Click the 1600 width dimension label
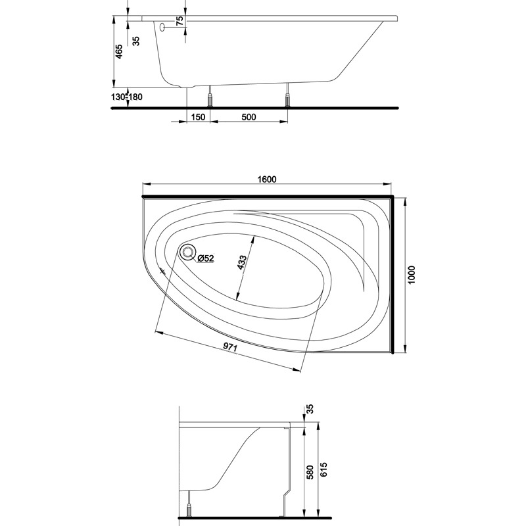[x=267, y=179]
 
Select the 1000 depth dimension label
[x=412, y=275]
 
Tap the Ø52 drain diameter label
[x=206, y=258]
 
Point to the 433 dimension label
[x=242, y=262]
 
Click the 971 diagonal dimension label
[x=231, y=348]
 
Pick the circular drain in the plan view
[x=188, y=252]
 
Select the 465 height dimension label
[x=119, y=52]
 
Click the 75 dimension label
[x=179, y=21]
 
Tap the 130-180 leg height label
[x=127, y=97]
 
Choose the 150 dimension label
[x=198, y=117]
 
